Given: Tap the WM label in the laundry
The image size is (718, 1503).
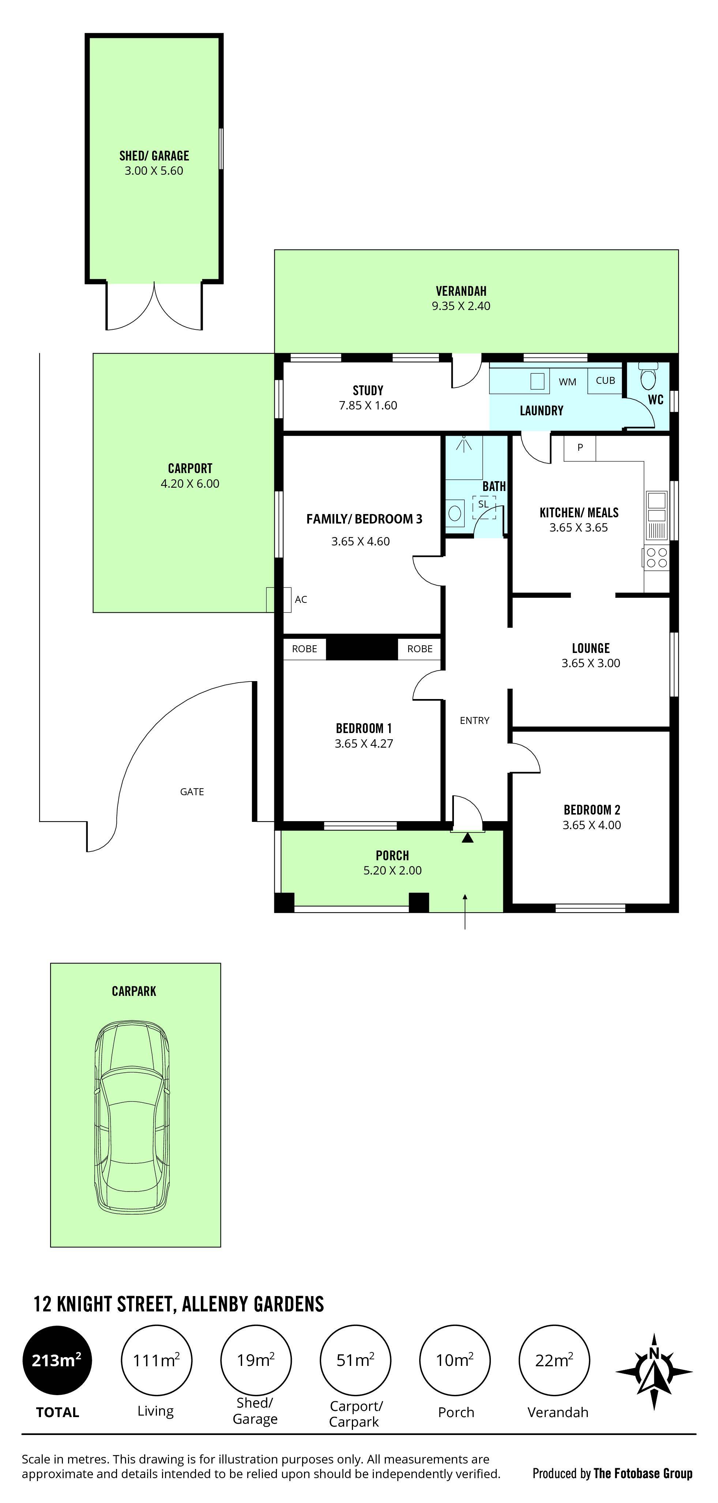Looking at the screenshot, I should point(567,382).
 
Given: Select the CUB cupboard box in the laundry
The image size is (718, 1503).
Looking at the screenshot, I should point(605,381).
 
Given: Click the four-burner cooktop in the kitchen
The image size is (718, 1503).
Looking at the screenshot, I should point(657,557).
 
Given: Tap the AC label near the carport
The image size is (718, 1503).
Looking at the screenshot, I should point(301,599).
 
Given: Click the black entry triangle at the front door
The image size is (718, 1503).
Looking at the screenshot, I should point(467,838).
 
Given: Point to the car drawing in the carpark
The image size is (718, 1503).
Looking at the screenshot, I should point(132,1117).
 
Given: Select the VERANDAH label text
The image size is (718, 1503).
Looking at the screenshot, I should point(461,291).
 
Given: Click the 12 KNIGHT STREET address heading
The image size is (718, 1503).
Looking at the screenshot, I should point(178,1304).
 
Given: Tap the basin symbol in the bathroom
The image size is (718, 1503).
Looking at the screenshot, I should point(455,513).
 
